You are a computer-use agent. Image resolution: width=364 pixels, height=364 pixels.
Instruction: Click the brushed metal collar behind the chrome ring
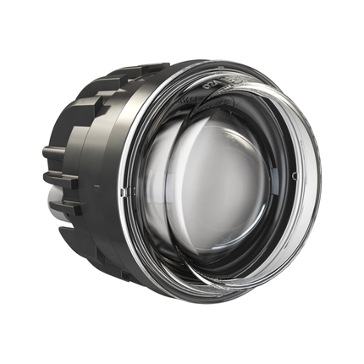click(x=110, y=169)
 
